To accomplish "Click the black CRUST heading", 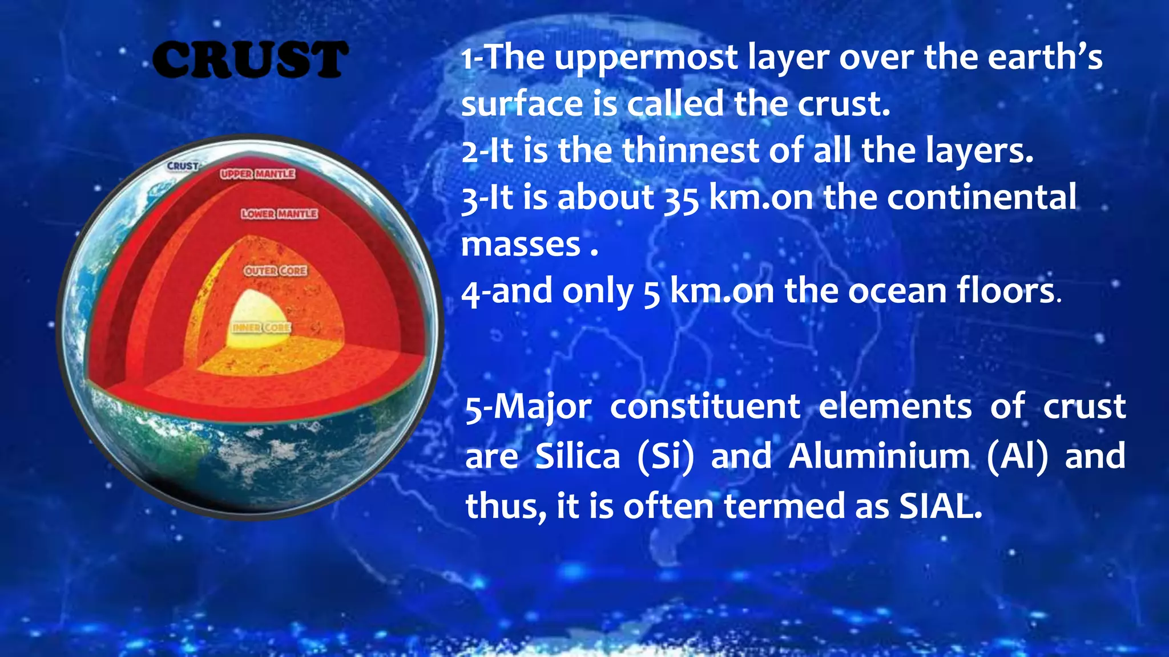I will pos(249,59).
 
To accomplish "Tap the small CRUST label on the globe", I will pos(183,166).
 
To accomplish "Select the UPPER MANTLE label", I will pos(257,173).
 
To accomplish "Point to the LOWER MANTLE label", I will pos(279,213).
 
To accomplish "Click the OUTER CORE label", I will pos(276,270).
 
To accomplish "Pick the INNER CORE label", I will pos(261,327).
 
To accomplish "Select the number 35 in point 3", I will pos(681,198).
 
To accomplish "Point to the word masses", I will pos(521,245).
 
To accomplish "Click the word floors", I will pos(1005,291).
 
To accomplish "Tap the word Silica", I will pos(578,456).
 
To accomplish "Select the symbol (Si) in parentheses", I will pos(666,456).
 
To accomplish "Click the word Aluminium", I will pos(879,456).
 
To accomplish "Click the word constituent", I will pos(705,407).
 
